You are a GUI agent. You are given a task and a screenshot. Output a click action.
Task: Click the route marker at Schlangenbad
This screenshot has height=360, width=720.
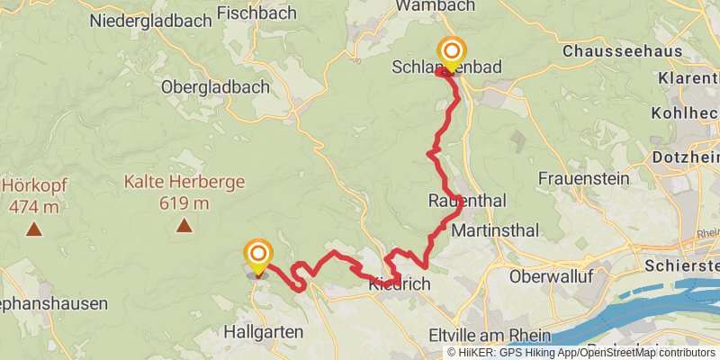coord(450,52)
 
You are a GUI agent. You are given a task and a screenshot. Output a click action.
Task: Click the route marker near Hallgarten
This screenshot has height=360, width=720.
coord(258,255)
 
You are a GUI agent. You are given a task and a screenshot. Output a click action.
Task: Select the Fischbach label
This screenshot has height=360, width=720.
coord(252,14)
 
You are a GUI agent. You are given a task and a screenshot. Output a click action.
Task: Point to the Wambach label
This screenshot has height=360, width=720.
coord(436,6)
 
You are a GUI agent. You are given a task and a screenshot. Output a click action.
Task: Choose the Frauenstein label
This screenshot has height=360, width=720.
coord(583,178)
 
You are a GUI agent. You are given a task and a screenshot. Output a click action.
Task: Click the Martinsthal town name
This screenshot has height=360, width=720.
coord(496,231)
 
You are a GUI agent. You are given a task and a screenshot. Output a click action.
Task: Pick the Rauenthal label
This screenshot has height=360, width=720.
coord(468,200)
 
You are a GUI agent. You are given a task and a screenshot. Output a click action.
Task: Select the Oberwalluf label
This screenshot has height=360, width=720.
coord(550,276)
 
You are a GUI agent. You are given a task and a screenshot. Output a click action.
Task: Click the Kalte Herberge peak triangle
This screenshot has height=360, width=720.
coord(184,226)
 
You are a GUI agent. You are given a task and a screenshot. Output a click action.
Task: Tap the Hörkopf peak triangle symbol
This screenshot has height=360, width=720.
coord(33,229)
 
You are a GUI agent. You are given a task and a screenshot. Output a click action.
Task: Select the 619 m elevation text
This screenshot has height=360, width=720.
coord(184,203)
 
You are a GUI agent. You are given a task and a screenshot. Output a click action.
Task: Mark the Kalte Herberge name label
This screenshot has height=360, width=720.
coord(184,182)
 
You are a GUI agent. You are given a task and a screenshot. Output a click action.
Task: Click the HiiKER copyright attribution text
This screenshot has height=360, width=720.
coord(580,353)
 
